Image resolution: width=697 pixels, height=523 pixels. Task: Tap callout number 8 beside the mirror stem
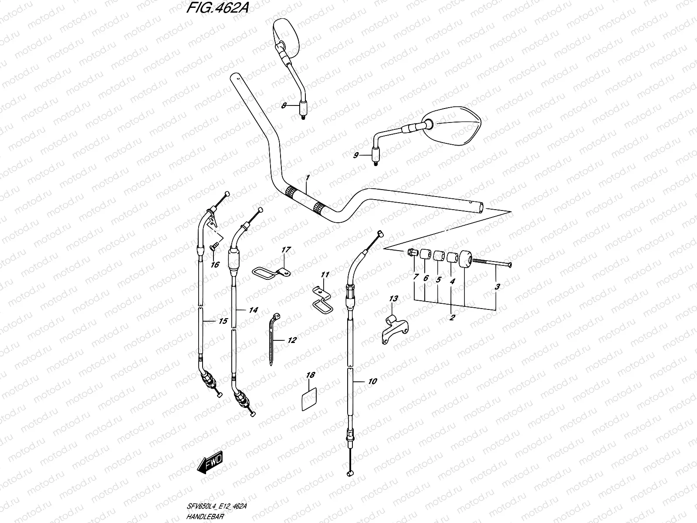click(284, 105)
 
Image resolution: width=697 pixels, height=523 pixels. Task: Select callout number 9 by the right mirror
click(356, 155)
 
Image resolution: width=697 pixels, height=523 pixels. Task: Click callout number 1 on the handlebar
click(307, 178)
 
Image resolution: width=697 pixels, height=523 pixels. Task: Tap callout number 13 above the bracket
click(393, 299)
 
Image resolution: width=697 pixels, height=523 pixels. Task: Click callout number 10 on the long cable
click(372, 381)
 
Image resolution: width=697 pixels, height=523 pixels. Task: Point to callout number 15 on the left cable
click(223, 322)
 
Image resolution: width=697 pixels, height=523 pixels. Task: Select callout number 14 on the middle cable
click(254, 310)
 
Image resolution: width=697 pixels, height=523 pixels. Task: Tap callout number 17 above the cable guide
click(286, 250)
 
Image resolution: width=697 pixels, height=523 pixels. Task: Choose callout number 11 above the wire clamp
click(325, 275)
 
